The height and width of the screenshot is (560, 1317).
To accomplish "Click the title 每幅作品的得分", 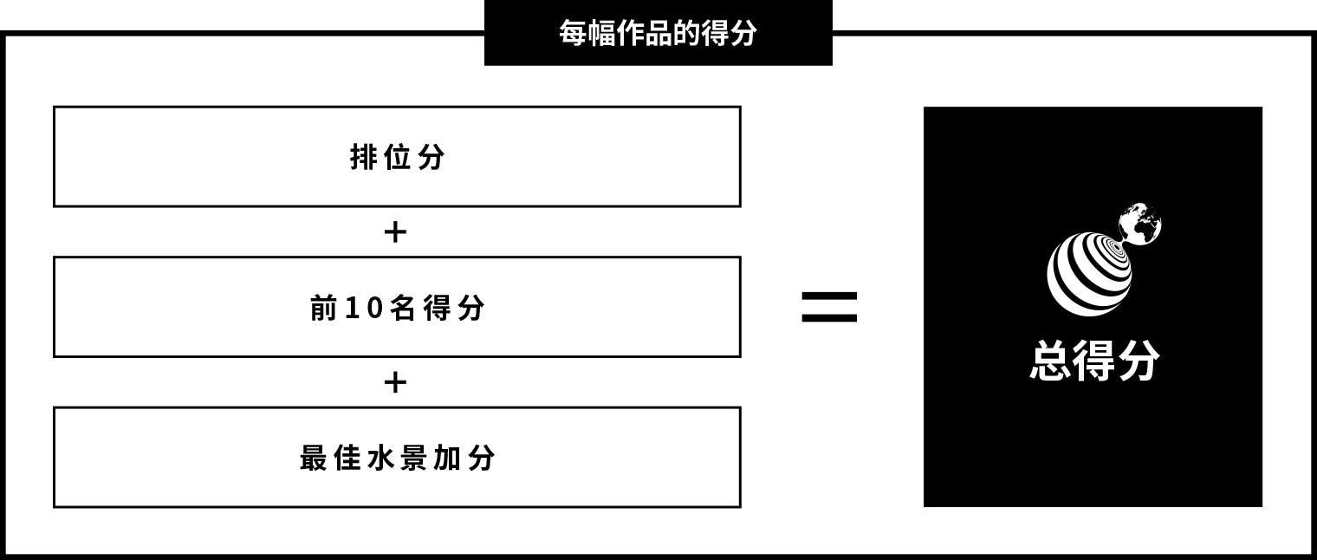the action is click(x=658, y=33).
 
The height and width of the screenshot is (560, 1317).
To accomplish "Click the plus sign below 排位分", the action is click(x=395, y=231).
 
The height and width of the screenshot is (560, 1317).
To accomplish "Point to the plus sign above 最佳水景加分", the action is click(x=395, y=382).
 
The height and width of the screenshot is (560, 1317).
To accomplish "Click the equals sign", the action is click(x=829, y=307).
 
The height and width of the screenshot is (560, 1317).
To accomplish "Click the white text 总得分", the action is click(x=1094, y=361).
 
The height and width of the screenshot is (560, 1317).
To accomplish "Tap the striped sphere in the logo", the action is click(x=1089, y=274).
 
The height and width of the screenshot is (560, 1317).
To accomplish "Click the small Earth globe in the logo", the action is click(x=1139, y=224).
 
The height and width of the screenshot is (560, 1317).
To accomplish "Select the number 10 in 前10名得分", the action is click(x=365, y=308).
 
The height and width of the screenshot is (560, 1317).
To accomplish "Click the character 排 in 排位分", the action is click(x=363, y=157).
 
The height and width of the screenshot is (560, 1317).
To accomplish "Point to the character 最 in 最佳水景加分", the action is click(x=314, y=459).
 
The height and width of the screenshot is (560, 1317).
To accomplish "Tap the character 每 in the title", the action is click(x=573, y=34).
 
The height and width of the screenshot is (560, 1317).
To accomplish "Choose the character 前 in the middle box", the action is click(x=323, y=308).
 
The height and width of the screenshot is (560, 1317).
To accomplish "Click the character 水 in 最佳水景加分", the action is click(x=380, y=459).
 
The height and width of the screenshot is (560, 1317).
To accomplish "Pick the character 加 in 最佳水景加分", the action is click(x=447, y=459).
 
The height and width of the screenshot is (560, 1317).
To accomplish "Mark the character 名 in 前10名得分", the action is click(x=403, y=308).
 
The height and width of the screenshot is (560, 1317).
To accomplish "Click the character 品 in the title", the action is click(x=658, y=34).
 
